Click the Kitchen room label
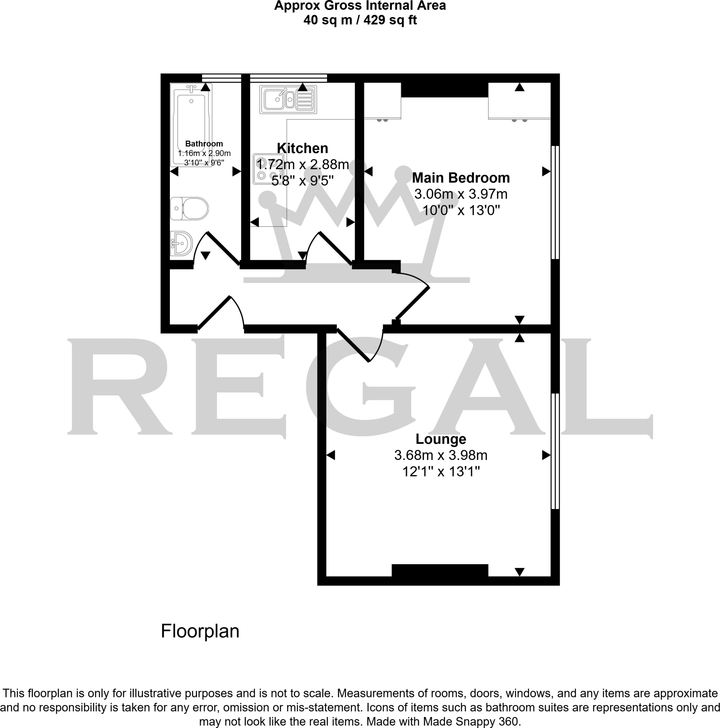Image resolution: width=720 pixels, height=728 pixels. (x=302, y=149)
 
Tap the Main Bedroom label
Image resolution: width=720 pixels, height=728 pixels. (x=461, y=178)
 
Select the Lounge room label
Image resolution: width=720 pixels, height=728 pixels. (x=440, y=439)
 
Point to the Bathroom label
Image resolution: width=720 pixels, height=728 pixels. (x=204, y=144)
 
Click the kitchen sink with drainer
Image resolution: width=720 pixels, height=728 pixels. (x=288, y=100)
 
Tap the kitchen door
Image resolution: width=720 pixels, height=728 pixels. (x=336, y=248)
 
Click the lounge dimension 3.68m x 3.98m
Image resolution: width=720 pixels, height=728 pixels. (x=440, y=455)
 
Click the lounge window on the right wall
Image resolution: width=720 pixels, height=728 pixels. (x=555, y=451)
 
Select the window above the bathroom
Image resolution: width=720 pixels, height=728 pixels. (x=221, y=78)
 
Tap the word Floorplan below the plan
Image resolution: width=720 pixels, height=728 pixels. (x=200, y=631)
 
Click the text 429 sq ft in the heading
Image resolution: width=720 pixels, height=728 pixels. (x=390, y=20)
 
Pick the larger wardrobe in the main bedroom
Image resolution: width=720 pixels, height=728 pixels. (x=519, y=101)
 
